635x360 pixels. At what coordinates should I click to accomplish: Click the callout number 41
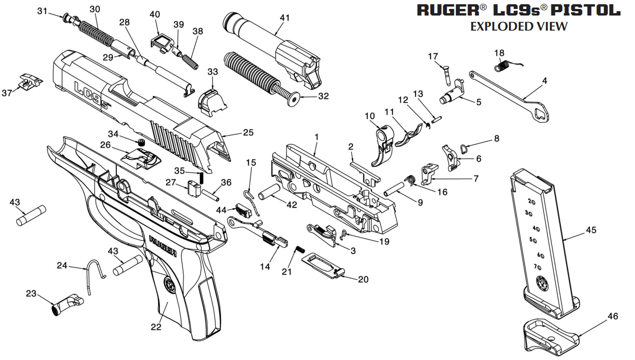click(x=285, y=18)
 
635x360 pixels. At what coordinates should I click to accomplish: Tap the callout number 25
click(x=248, y=133)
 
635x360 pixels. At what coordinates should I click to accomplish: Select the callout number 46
click(x=613, y=316)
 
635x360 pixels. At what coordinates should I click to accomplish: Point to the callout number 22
click(x=156, y=327)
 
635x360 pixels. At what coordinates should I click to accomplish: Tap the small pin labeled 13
click(x=437, y=119)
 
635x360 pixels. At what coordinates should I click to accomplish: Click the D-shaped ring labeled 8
click(x=463, y=148)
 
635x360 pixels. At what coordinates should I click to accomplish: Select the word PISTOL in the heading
click(x=585, y=11)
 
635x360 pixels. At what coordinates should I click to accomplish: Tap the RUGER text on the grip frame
click(x=163, y=246)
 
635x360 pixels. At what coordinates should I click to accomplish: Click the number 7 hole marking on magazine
click(x=538, y=267)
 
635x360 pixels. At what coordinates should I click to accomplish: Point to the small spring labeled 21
click(x=300, y=249)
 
